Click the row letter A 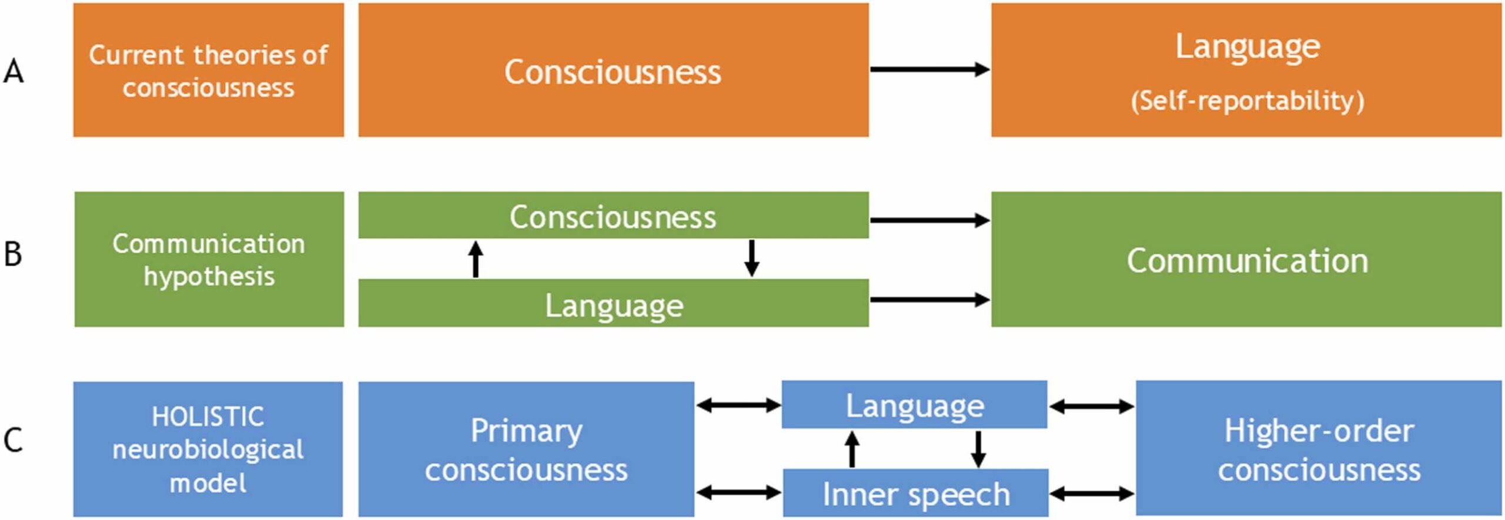coord(14,73)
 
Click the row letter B coord(13,255)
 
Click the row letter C coord(13,440)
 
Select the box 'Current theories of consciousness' coord(208,71)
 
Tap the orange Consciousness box coord(613,71)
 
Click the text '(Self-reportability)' coord(1246,101)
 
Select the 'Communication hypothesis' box coord(209,259)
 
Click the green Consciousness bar coord(613,216)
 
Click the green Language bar coord(613,304)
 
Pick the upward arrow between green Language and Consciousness coord(476,259)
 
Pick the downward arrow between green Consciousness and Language coord(751,258)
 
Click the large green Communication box coord(1246,260)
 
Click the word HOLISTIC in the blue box coord(208,417)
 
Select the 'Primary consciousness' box coord(526,449)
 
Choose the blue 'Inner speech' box coord(915,494)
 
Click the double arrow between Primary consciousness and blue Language coord(738,405)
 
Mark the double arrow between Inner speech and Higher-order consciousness coord(1092,494)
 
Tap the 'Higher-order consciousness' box coord(1318,449)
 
